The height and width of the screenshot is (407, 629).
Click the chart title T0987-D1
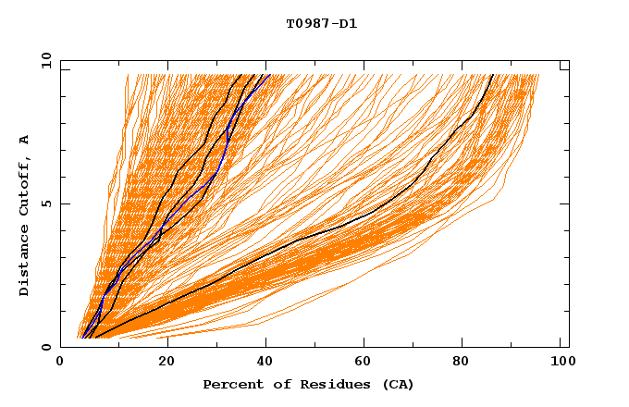(x=321, y=24)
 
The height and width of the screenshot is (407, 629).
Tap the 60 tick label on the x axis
(x=366, y=364)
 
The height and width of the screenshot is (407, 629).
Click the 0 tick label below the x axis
(x=61, y=364)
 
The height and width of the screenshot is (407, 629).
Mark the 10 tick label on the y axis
(x=45, y=60)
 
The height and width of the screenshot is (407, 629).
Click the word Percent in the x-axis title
(x=229, y=384)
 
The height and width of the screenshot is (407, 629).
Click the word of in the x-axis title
(x=275, y=384)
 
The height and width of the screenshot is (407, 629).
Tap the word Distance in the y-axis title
(x=25, y=262)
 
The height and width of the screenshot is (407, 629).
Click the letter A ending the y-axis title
(x=25, y=140)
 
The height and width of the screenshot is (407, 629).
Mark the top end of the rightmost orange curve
(x=538, y=76)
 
